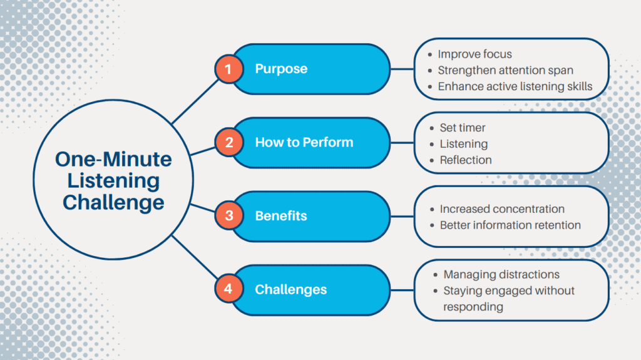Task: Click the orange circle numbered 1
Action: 228,69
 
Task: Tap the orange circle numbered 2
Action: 228,142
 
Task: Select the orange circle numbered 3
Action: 228,216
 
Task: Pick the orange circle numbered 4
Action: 228,290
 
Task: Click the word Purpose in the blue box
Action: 281,69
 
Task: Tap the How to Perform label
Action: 304,142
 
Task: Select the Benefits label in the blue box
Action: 281,216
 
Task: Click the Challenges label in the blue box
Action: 290,290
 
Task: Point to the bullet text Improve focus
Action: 474,54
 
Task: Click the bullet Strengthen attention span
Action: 505,70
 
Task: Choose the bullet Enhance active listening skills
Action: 515,86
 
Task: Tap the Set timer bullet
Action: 462,128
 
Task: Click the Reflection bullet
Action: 465,160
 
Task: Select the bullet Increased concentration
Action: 501,208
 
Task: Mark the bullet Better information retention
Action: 510,225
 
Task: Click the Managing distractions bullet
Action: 501,274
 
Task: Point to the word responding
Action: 473,307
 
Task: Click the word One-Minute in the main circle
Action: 113,160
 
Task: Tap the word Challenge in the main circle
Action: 113,202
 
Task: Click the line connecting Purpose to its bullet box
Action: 402,69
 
